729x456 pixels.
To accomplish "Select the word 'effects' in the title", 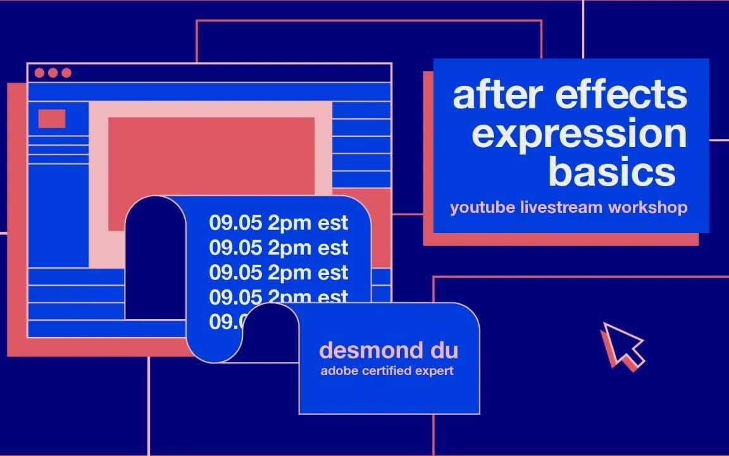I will (621, 95).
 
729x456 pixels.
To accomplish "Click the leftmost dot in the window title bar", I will (39, 73).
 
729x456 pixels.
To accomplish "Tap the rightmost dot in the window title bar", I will (66, 73).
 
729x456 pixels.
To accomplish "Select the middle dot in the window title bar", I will (53, 73).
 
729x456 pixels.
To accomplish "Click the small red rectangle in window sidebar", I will (52, 118).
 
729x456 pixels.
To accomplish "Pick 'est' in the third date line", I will (333, 273).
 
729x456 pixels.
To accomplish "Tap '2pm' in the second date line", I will (290, 248).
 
